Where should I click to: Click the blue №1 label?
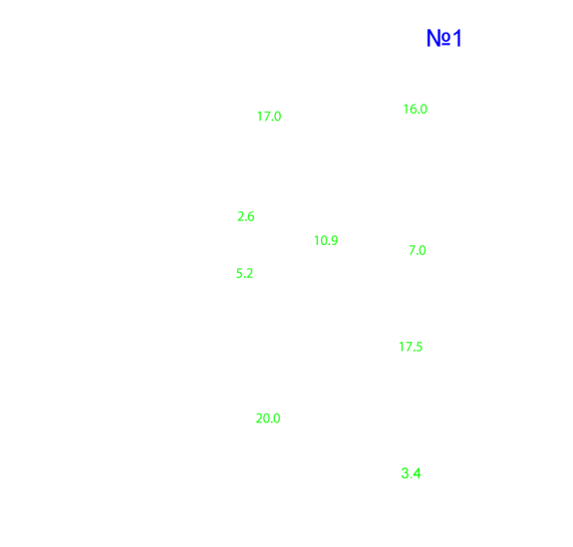click(x=444, y=38)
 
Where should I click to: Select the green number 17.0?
click(x=269, y=117)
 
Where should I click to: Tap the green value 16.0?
click(x=416, y=110)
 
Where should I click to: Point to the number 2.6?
click(x=246, y=216)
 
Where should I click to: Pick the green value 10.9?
click(x=326, y=241)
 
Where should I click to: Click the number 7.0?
click(x=418, y=251)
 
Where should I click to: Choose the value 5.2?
click(x=244, y=273)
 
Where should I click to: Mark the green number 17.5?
click(x=411, y=347)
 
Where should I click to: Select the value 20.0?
click(x=268, y=418)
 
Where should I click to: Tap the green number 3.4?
click(x=412, y=473)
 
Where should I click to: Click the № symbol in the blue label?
click(x=438, y=38)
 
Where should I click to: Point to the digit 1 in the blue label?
click(x=457, y=38)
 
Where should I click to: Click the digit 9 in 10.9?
click(x=335, y=241)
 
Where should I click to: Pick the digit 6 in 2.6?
click(x=251, y=216)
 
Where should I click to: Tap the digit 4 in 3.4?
click(x=417, y=473)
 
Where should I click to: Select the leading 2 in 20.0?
click(x=259, y=418)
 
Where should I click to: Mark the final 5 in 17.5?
click(x=420, y=347)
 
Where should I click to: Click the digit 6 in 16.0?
click(x=412, y=110)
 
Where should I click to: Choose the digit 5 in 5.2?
click(x=239, y=273)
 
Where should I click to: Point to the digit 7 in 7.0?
click(x=413, y=251)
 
